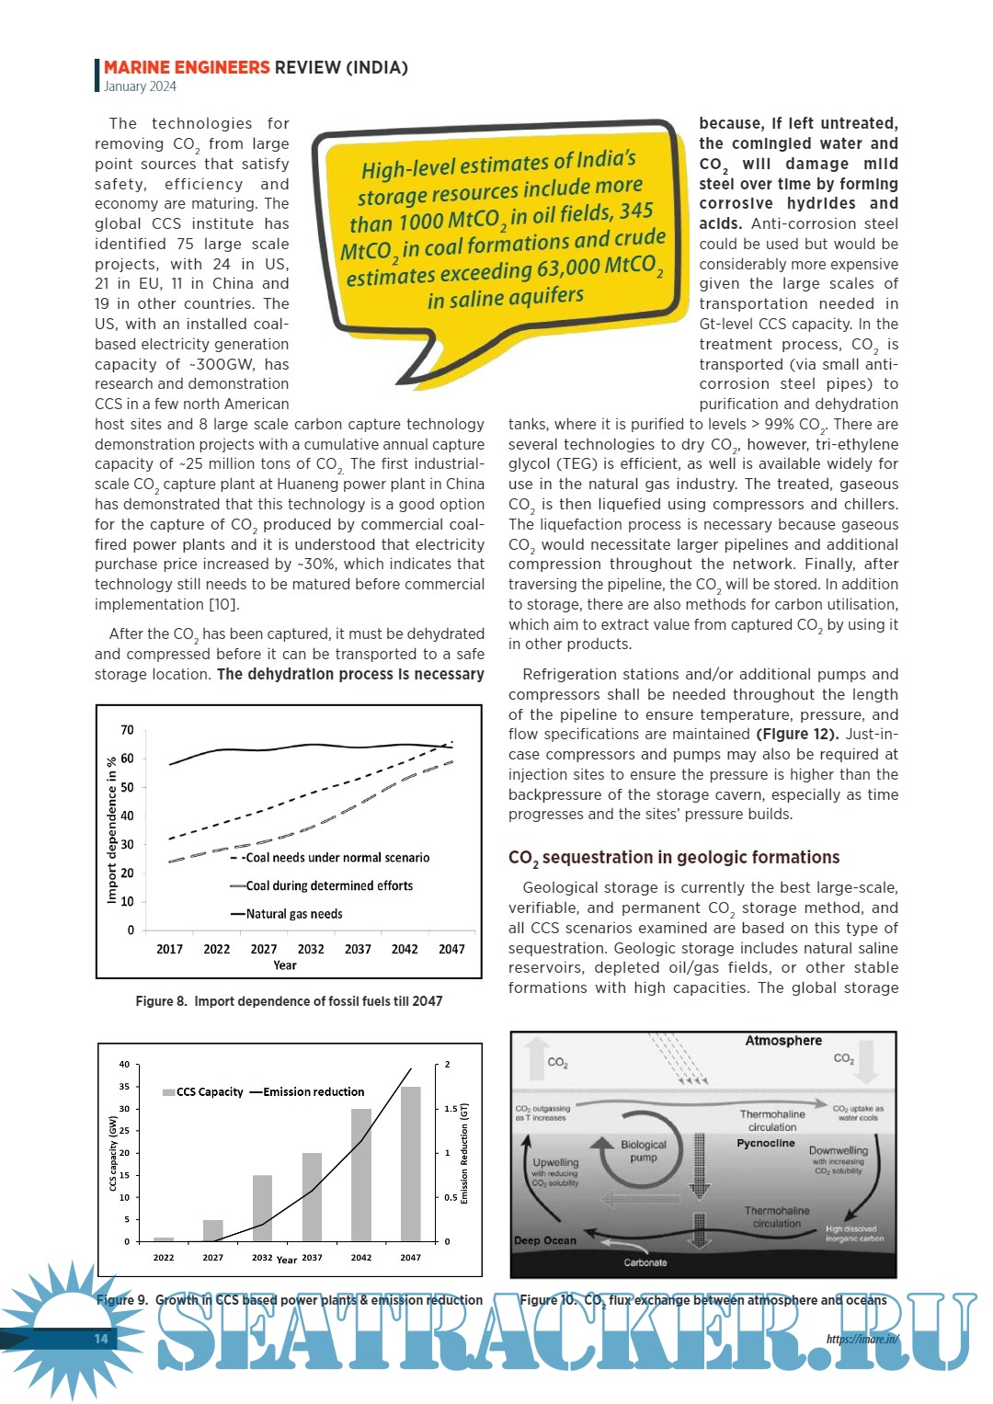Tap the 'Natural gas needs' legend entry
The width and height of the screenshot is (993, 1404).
click(293, 914)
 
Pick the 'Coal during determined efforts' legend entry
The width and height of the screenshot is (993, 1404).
click(328, 885)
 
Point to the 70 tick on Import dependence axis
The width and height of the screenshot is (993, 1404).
click(127, 730)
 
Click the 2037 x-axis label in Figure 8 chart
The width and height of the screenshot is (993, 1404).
click(358, 949)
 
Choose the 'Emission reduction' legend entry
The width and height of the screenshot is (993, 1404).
click(313, 1091)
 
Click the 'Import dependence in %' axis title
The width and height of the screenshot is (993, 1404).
click(112, 829)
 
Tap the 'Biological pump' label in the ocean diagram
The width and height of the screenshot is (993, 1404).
click(644, 1151)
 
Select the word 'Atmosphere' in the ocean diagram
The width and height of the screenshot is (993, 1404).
click(783, 1041)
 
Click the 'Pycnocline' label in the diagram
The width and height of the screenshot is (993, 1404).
click(765, 1144)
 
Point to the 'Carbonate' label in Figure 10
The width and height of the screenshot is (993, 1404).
click(645, 1262)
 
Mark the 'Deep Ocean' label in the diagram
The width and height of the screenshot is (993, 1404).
click(545, 1240)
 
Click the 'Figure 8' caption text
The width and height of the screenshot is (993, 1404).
click(289, 1001)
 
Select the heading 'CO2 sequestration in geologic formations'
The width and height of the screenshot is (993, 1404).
click(674, 858)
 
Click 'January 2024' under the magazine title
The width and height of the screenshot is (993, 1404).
click(140, 86)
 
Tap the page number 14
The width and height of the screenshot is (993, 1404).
click(101, 1339)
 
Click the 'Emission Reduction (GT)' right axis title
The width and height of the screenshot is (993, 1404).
click(464, 1153)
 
